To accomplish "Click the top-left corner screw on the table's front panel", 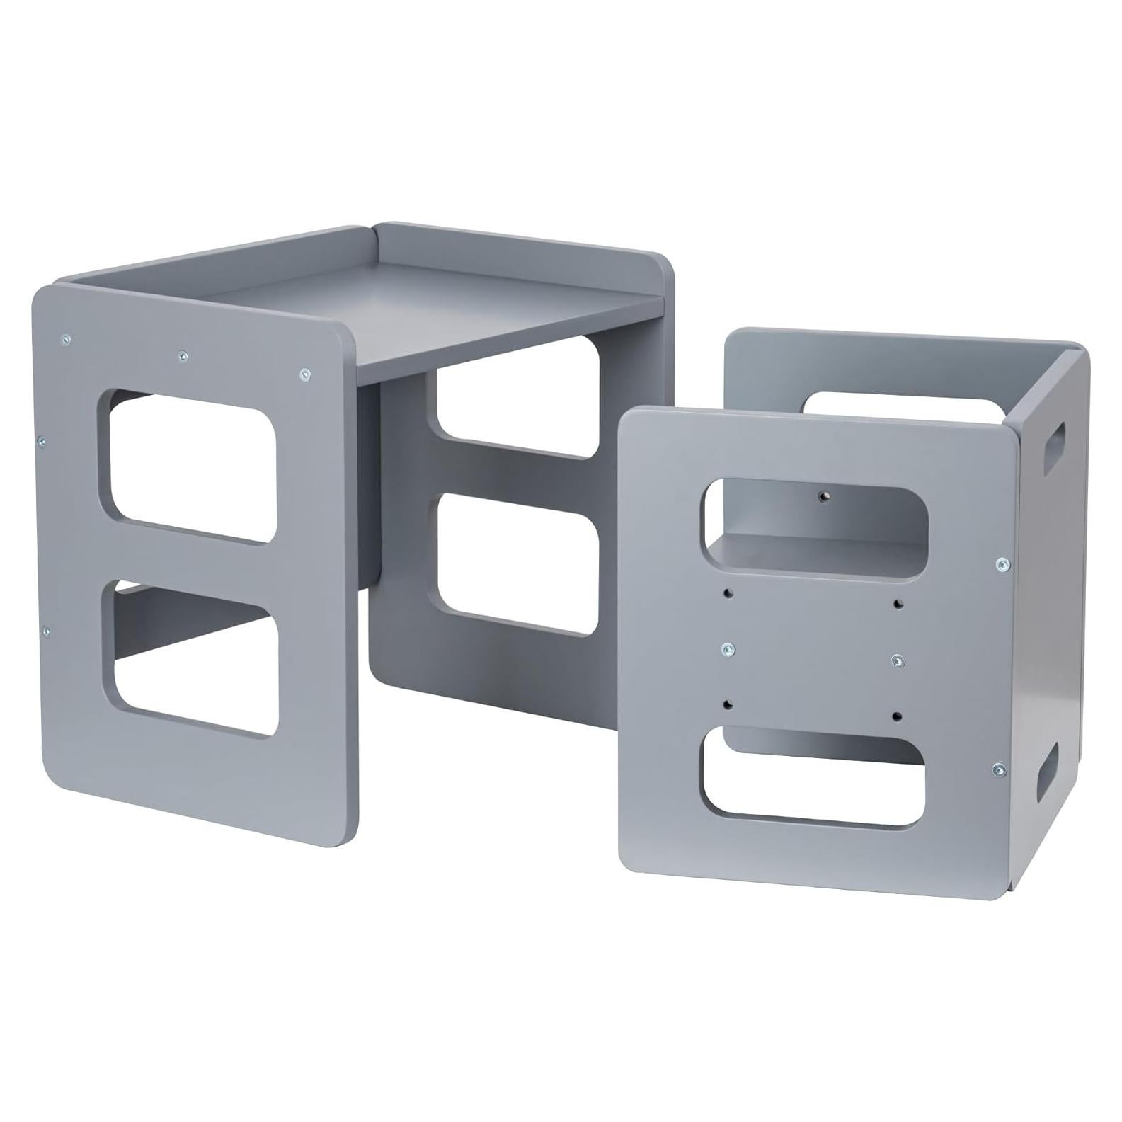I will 65,338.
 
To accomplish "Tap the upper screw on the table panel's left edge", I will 42,440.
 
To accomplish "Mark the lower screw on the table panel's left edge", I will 47,629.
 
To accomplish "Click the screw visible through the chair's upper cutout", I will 823,497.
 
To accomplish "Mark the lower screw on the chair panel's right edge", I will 998,767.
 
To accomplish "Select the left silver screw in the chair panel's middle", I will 726,648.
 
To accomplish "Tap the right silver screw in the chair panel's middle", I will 897,661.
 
